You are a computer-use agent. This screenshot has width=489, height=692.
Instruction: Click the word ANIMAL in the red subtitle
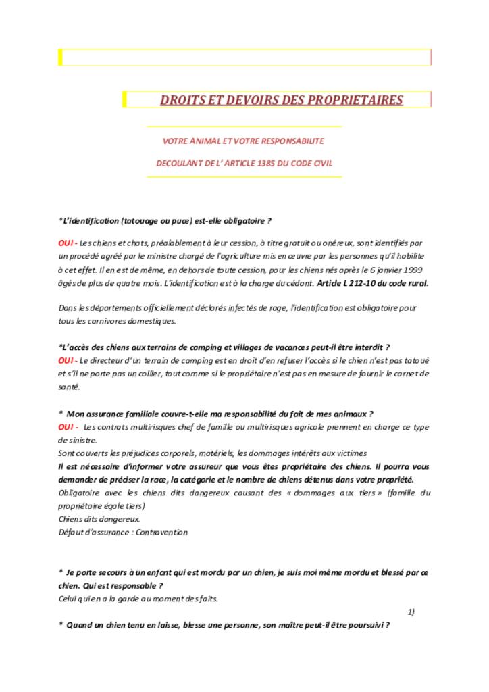207,141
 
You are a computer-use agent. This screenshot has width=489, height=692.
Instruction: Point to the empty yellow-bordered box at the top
244,57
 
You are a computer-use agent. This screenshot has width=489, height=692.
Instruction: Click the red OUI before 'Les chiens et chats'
66,243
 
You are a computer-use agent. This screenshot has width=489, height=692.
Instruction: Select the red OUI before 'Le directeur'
66,360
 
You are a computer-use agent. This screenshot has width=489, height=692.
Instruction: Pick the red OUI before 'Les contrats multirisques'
66,427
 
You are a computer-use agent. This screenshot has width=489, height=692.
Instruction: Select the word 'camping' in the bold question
202,347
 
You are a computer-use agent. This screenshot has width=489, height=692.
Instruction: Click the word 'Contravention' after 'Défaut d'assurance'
162,533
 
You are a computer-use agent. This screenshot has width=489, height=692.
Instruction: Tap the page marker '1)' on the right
411,612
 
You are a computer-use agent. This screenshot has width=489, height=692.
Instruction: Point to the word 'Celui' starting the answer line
68,599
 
